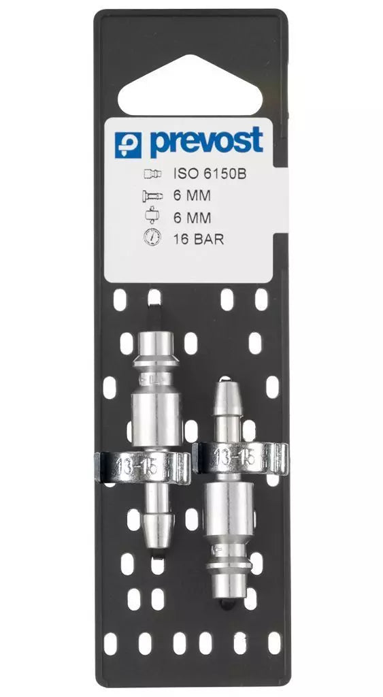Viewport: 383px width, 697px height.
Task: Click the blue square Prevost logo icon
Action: [x=128, y=145]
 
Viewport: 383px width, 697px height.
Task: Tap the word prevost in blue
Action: [x=206, y=142]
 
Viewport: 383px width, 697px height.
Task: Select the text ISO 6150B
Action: [x=210, y=174]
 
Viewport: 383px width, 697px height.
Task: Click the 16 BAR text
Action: [x=198, y=240]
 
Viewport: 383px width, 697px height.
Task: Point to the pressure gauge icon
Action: [x=152, y=239]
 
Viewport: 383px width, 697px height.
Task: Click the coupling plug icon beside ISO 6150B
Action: [x=152, y=174]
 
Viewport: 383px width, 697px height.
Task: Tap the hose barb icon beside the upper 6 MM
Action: [x=152, y=195]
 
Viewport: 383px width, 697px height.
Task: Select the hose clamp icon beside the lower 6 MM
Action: [x=152, y=216]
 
